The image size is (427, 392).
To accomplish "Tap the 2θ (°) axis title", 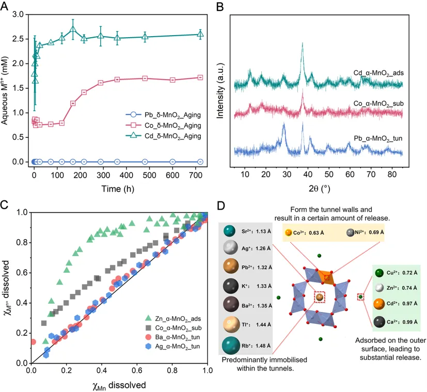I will tap(319, 187).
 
